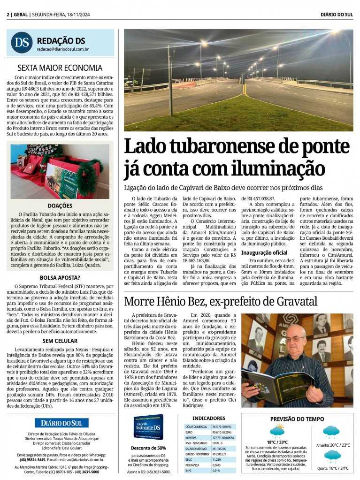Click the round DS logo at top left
(22, 42)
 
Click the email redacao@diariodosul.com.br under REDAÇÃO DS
(63, 49)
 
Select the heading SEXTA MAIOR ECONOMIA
(60, 68)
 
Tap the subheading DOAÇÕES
(60, 206)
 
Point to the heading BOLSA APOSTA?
(60, 278)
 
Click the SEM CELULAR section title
(60, 341)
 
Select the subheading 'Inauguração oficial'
(264, 252)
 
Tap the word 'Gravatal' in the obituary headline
(291, 301)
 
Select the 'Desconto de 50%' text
(148, 448)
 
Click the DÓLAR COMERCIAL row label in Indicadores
(196, 427)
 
